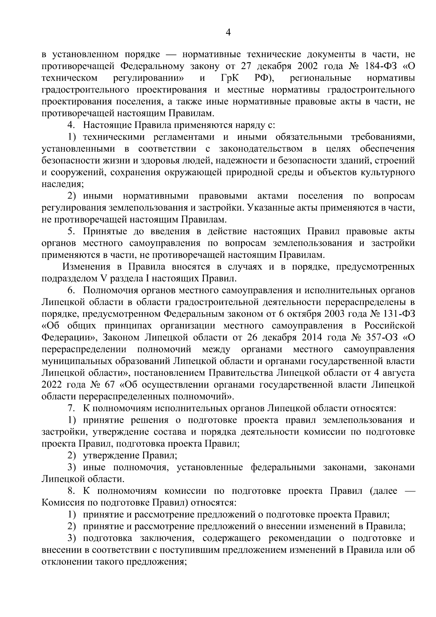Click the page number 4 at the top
(x=228, y=33)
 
